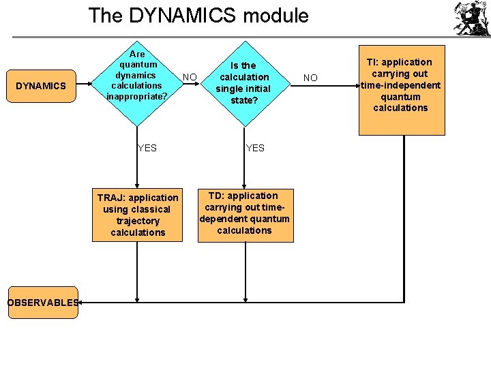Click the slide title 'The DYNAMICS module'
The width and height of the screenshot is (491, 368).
pos(198,16)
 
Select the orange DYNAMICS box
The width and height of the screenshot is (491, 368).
pos(41,86)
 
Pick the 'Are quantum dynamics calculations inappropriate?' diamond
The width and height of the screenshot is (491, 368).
pos(137,76)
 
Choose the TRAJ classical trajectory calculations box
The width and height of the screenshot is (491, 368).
pos(138,215)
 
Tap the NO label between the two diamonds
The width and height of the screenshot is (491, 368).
pos(190,77)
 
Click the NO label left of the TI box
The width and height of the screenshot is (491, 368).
pos(310,78)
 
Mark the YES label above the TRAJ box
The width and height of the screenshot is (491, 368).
pos(147,148)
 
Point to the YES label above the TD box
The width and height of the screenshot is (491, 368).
pos(255,148)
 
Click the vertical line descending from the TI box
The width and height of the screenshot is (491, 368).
pos(404,218)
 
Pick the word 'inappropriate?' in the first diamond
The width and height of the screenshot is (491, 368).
pos(137,96)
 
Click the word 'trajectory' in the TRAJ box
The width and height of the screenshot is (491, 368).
pos(138,221)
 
